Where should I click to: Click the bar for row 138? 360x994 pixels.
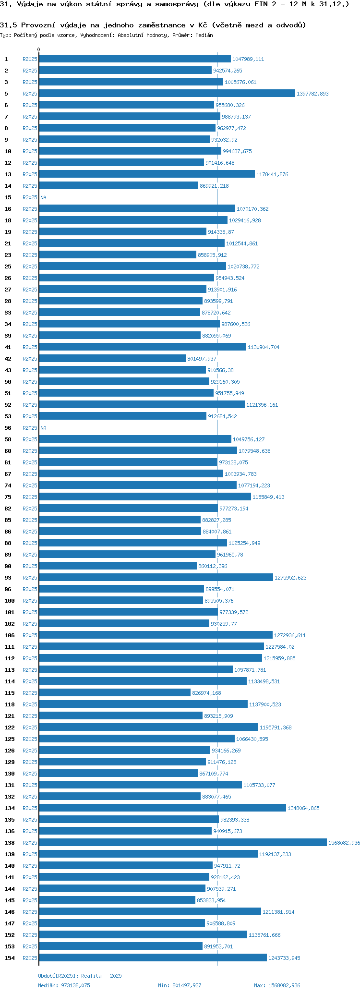pyautogui.click(x=182, y=843)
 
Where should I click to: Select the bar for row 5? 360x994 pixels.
pyautogui.click(x=167, y=94)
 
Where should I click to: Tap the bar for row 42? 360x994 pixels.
pyautogui.click(x=112, y=359)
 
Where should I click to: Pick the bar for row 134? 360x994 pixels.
pyautogui.click(x=162, y=808)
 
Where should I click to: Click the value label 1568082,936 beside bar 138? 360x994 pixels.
pyautogui.click(x=344, y=843)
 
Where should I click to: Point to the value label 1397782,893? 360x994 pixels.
pyautogui.click(x=312, y=94)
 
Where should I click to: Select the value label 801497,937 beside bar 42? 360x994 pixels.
pyautogui.click(x=202, y=359)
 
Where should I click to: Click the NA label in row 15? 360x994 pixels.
pyautogui.click(x=43, y=197)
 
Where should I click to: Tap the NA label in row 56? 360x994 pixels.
pyautogui.click(x=43, y=428)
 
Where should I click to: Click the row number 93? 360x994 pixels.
pyautogui.click(x=8, y=578)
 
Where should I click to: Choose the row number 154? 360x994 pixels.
pyautogui.click(x=9, y=958)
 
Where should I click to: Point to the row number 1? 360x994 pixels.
pyautogui.click(x=6, y=59)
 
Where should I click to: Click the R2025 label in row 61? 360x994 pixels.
pyautogui.click(x=30, y=462)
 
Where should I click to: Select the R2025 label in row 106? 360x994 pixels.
pyautogui.click(x=30, y=635)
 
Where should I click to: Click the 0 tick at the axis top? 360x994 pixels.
pyautogui.click(x=39, y=50)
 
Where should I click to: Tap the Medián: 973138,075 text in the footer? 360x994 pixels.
pyautogui.click(x=64, y=985)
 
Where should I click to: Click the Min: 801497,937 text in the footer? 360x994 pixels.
pyautogui.click(x=180, y=985)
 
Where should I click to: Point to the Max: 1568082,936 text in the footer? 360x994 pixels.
pyautogui.click(x=277, y=985)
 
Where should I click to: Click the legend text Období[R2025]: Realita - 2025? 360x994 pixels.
pyautogui.click(x=80, y=976)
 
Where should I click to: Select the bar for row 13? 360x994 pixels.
pyautogui.click(x=146, y=174)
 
